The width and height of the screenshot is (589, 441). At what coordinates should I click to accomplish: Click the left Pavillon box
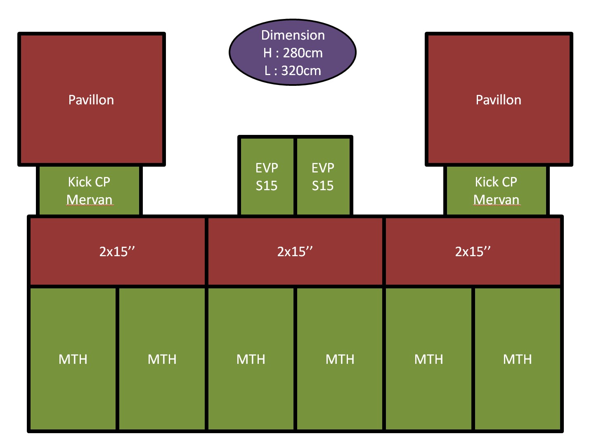coord(91,99)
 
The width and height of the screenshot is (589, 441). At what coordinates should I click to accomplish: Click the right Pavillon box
coord(499,99)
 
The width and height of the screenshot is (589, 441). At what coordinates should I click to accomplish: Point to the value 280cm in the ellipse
coord(303,53)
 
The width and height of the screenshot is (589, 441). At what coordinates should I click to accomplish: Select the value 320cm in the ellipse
coord(301,71)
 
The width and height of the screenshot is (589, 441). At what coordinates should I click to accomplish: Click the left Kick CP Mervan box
coord(89,190)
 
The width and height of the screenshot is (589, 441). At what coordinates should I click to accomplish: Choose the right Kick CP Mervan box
coord(496,190)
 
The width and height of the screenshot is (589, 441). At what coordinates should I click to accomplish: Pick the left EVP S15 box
coord(267,177)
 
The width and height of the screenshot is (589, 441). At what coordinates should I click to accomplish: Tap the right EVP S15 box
coord(323,177)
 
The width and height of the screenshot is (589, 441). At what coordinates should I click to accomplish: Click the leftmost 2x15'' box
coord(117,251)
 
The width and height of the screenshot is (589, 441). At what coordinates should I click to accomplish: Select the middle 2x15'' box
coord(295,251)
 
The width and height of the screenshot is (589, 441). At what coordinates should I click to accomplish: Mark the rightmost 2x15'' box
coord(473,251)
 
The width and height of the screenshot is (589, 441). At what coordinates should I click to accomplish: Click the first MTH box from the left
coord(73,359)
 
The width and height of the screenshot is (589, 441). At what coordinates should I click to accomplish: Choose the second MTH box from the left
coord(162,359)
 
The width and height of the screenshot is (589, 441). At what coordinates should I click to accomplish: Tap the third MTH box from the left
coord(251,359)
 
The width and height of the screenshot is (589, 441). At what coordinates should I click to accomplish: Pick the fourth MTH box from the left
coord(340,359)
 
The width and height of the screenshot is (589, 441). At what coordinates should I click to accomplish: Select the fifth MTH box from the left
coord(429,359)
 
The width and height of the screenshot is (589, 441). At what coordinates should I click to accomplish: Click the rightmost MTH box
coord(518,359)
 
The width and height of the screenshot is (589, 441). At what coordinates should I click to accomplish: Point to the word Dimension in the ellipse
coord(293,35)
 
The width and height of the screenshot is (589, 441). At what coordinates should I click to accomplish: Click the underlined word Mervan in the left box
coord(89,200)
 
